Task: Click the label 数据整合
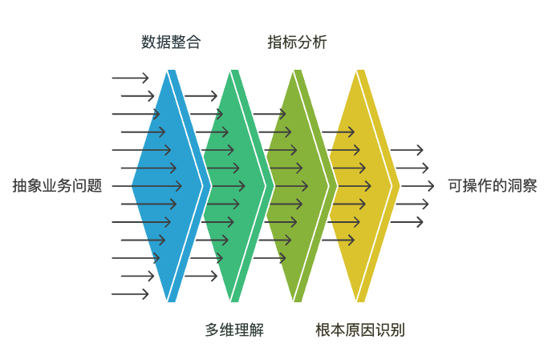(171, 42)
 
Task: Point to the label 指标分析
(297, 42)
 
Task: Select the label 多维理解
(234, 330)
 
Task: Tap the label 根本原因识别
(360, 330)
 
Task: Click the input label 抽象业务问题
(57, 186)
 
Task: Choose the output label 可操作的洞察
(493, 186)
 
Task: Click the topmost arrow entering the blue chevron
(130, 78)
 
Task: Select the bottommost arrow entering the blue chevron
(130, 293)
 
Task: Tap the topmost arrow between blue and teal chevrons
(201, 96)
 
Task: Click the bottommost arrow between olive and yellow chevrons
(337, 240)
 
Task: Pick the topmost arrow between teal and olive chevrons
(269, 114)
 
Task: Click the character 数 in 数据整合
(148, 42)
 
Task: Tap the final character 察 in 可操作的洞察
(530, 186)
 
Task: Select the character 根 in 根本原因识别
(323, 330)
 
